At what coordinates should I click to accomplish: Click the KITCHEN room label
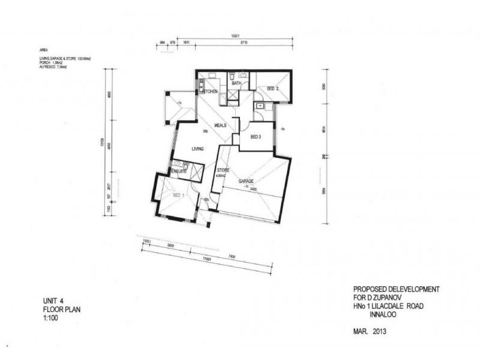(209, 91)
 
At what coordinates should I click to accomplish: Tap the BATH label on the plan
(228, 83)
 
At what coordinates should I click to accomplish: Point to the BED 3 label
(255, 137)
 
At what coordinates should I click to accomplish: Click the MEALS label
(220, 125)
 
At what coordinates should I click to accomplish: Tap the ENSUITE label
(179, 172)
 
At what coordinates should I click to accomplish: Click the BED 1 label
(178, 196)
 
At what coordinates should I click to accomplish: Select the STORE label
(223, 171)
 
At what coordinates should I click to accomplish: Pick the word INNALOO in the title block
(413, 314)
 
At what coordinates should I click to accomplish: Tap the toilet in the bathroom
(232, 77)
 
